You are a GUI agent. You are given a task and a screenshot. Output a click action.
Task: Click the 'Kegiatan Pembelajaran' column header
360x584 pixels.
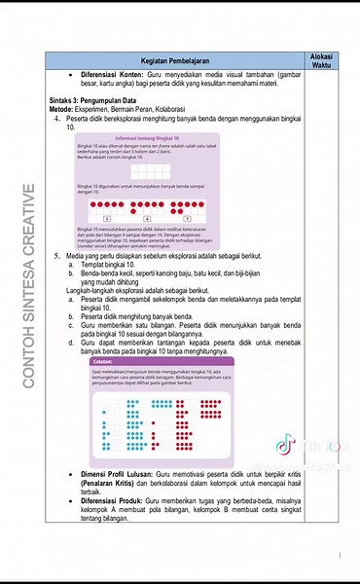tap(177, 61)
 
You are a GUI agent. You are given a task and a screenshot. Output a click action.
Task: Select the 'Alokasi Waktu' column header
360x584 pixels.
tap(322, 61)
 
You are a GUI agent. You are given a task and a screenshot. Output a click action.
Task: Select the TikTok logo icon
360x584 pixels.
tap(285, 447)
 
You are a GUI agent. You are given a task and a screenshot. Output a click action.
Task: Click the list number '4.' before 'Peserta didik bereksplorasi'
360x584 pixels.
tap(57, 119)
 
